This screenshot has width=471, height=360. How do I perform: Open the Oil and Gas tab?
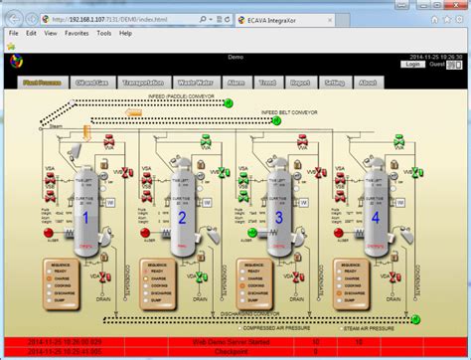point(92,84)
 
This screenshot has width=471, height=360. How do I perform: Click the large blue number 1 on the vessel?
point(85,217)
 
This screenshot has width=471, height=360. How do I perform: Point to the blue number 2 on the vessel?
point(182,217)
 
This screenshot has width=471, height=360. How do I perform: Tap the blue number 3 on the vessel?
point(278,217)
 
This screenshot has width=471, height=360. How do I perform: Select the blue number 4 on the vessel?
point(375,217)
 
